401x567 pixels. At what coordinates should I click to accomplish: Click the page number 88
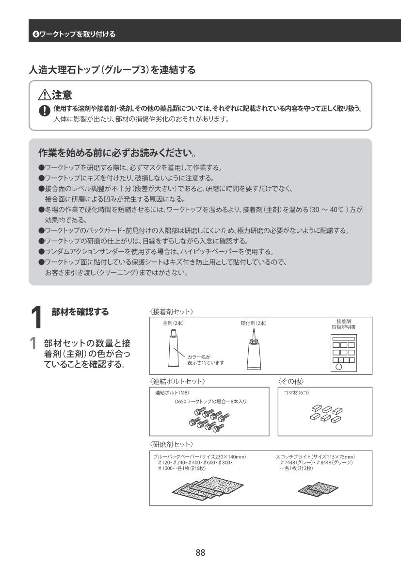(x=200, y=552)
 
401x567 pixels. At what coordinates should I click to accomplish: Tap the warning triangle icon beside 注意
(x=45, y=95)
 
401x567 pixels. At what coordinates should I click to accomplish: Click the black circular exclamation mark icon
(x=45, y=110)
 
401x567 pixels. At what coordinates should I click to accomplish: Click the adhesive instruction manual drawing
(x=343, y=353)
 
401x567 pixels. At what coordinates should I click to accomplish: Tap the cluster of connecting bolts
(x=209, y=420)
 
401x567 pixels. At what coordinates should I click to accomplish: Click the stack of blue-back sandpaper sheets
(x=208, y=488)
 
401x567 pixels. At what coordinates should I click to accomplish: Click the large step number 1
(x=36, y=318)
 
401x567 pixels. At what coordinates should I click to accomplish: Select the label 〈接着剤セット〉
(x=171, y=312)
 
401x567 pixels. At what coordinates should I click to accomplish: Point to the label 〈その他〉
(x=291, y=382)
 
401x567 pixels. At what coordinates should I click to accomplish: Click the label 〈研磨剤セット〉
(x=171, y=444)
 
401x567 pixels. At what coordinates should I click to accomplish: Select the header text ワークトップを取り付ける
(x=78, y=34)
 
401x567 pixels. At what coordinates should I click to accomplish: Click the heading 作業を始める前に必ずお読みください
(x=117, y=153)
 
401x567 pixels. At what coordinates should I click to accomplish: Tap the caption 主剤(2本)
(x=173, y=324)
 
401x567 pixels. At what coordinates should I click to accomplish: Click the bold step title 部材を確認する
(x=80, y=312)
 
